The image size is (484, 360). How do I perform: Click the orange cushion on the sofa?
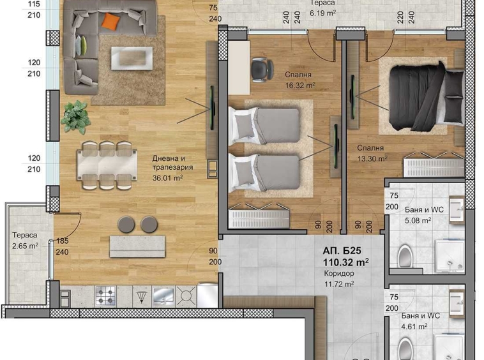tap(111, 22)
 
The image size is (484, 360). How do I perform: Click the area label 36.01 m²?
tap(168, 179)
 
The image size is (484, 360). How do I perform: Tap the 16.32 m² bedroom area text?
tap(300, 85)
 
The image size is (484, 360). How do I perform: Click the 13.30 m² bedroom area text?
tap(372, 159)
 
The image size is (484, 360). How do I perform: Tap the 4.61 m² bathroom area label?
tap(415, 326)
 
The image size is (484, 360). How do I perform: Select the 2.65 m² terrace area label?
tap(25, 244)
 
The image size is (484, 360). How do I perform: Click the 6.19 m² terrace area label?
tap(322, 12)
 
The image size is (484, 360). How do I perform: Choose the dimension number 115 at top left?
tap(34, 4)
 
